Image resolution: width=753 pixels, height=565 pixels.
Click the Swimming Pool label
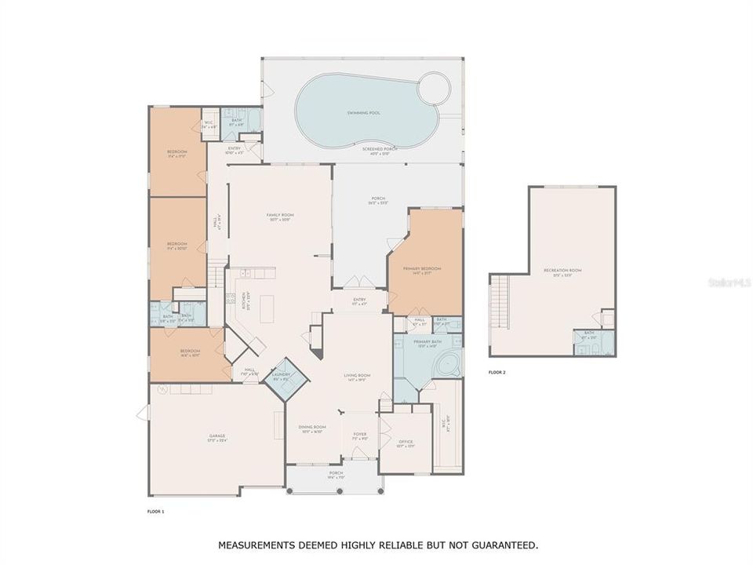point(363,113)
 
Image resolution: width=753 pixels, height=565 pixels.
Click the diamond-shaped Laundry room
point(281,376)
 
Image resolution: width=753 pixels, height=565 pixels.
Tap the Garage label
point(216,436)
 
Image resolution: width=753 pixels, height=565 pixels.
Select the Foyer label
point(360,434)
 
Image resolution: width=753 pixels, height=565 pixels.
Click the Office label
point(406,442)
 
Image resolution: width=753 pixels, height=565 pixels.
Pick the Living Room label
point(357,376)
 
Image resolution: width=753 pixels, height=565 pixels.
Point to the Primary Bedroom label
point(423,269)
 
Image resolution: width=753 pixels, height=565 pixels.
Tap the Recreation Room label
point(562,271)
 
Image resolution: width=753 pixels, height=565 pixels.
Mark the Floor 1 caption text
point(156,511)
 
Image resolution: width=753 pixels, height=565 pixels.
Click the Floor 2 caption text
point(497,372)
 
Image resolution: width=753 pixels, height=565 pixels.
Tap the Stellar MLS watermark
point(729,279)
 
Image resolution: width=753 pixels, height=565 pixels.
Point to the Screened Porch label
point(380,148)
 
